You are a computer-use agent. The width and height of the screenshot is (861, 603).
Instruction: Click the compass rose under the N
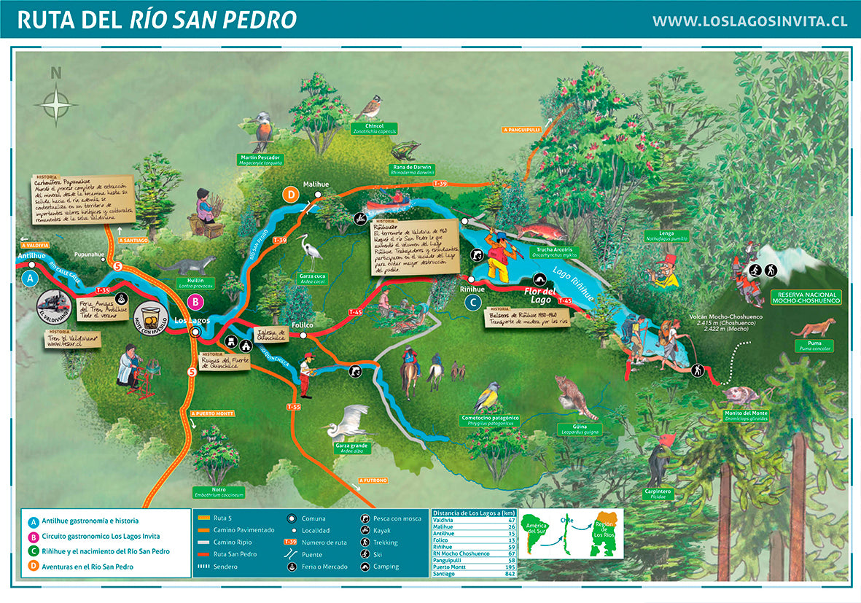pyautogui.click(x=56, y=104)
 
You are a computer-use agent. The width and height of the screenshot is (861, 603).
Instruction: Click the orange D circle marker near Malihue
pyautogui.click(x=290, y=195)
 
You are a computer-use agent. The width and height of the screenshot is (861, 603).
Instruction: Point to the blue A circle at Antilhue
pyautogui.click(x=31, y=279)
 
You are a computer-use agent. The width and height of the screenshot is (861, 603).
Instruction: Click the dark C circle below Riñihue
pyautogui.click(x=473, y=302)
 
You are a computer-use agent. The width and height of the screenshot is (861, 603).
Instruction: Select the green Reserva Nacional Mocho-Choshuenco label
pyautogui.click(x=806, y=297)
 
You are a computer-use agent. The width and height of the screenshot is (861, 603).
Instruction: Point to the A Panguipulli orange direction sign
pyautogui.click(x=524, y=130)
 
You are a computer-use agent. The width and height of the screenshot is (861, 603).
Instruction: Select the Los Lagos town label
pyautogui.click(x=193, y=320)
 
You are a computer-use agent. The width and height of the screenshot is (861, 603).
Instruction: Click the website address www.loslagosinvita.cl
pyautogui.click(x=749, y=21)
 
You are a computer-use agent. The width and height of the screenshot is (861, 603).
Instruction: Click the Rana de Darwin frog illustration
pyautogui.click(x=403, y=152)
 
